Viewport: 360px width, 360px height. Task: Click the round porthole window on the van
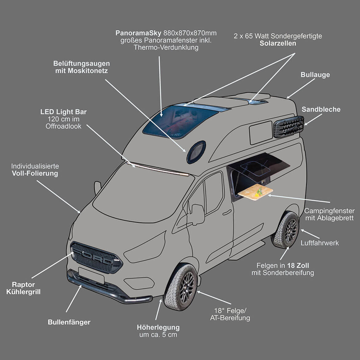coord(196,152)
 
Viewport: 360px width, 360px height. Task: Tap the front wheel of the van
coord(181,286)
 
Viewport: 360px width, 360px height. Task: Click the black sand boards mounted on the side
coord(288,126)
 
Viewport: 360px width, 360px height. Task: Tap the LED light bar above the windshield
coord(160,170)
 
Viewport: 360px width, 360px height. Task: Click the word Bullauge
coord(315,75)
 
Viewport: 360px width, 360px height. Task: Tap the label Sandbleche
coord(321,110)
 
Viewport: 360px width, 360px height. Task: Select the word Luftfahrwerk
coord(320,243)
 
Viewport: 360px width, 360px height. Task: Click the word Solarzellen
coord(278,43)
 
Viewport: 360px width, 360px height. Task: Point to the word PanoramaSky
coord(138,33)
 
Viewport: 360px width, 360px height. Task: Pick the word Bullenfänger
coord(69,322)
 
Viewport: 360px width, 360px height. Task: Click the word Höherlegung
coord(158,327)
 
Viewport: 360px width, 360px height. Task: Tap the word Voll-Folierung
coord(35,174)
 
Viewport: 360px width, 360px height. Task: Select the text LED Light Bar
coord(63,112)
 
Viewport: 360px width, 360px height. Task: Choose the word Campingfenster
coord(329,211)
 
